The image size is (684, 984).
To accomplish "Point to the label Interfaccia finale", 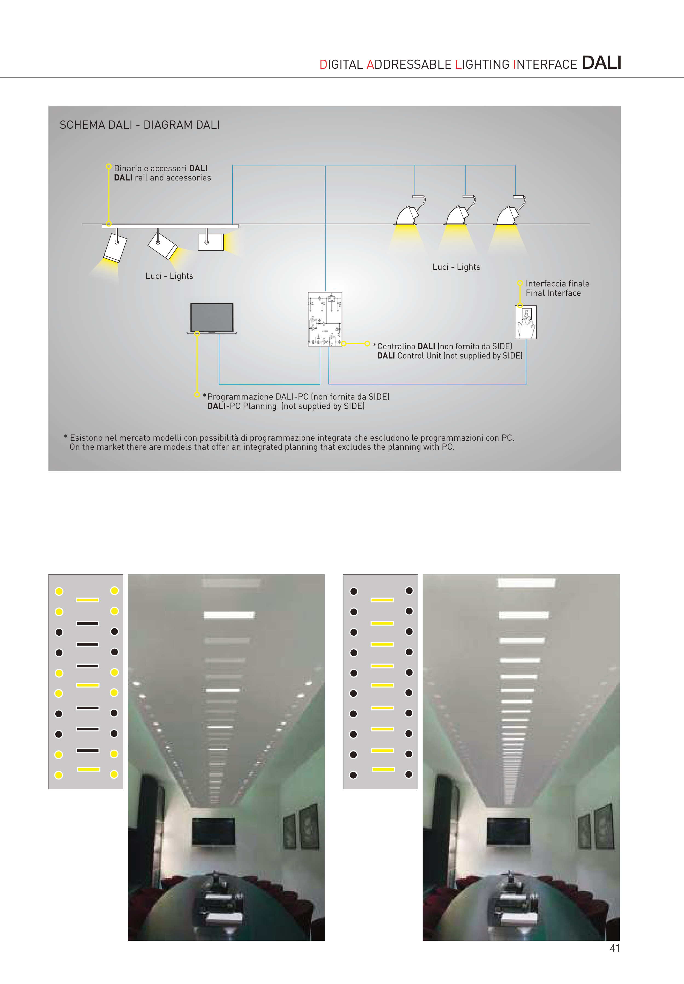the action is (x=557, y=284).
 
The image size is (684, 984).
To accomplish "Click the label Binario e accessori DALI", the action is (x=161, y=168).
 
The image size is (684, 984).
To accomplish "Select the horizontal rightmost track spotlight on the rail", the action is (x=211, y=242).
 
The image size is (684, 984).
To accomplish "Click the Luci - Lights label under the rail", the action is (x=169, y=276).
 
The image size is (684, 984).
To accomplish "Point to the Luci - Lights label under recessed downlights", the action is (x=456, y=267).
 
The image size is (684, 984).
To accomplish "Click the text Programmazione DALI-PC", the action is (x=257, y=397).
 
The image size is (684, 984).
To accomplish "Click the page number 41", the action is (x=615, y=948).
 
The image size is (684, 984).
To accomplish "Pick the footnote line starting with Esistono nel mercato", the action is (x=289, y=438).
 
